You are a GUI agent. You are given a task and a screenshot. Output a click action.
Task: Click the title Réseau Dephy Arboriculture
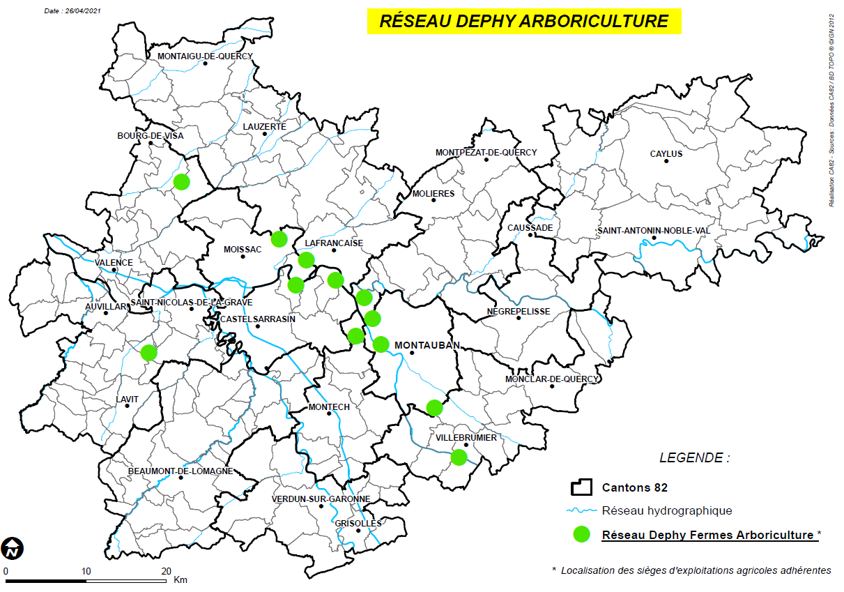coord(523,21)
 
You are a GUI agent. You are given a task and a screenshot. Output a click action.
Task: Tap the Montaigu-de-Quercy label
coord(205,56)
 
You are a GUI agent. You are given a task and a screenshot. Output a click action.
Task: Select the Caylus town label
coord(666,153)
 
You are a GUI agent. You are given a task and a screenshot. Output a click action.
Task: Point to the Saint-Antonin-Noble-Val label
coord(653,231)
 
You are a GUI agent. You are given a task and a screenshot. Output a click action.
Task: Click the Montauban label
coord(424,345)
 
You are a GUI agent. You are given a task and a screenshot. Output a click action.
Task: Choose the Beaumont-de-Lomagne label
coord(181,471)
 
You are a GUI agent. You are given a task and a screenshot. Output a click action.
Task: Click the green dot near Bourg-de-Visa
coord(181,181)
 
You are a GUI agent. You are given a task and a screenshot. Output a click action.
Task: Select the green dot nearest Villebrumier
coord(458,457)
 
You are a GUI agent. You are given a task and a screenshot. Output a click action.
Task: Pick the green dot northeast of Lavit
coord(148,352)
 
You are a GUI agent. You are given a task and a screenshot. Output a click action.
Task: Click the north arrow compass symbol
coord(12,549)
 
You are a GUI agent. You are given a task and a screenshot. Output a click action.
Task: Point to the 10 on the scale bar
coord(86,571)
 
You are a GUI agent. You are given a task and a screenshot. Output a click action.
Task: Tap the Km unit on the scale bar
coord(181,579)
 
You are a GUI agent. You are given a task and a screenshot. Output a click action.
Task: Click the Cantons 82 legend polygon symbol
coord(581,487)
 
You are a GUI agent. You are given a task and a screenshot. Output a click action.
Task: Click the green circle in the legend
coord(581,535)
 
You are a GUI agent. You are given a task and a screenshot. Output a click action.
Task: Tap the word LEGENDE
coord(694,458)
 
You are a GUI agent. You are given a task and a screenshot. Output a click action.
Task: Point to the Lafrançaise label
coord(334,243)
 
